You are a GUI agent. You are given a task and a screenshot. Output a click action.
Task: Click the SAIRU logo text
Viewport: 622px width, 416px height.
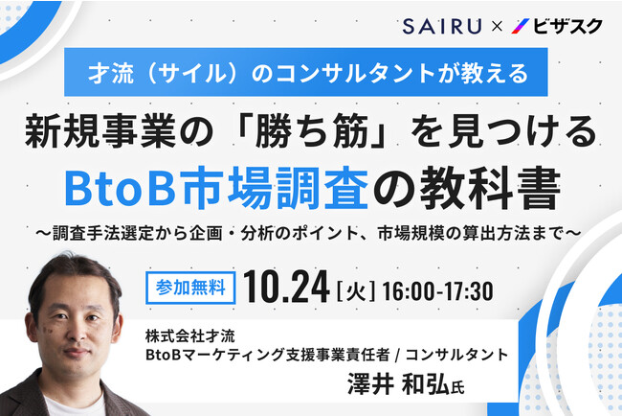(x=442, y=26)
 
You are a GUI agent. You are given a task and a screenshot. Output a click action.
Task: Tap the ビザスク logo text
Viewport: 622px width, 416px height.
(x=567, y=26)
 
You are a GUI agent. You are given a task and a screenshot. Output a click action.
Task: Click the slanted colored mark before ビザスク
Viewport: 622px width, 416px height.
(x=521, y=26)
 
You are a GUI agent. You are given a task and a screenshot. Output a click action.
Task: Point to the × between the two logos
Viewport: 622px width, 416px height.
(x=497, y=27)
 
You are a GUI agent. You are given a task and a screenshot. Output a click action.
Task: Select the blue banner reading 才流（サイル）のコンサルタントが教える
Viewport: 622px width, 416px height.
(x=306, y=72)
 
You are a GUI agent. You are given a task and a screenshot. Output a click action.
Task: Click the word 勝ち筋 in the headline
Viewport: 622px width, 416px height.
(x=312, y=132)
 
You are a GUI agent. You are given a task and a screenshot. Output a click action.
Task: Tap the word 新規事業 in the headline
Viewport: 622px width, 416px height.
(x=100, y=132)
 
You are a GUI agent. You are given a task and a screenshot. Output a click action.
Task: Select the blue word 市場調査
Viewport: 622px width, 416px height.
(x=273, y=187)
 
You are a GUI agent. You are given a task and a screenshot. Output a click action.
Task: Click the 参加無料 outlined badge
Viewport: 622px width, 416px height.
(x=190, y=288)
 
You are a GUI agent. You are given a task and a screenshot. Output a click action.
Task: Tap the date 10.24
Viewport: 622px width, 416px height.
(x=286, y=288)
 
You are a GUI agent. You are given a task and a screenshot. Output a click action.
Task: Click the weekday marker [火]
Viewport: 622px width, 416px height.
(x=356, y=291)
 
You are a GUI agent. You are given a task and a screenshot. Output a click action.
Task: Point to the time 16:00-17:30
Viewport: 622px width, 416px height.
(x=438, y=291)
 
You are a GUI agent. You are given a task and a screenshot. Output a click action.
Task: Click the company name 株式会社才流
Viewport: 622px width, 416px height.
(x=190, y=336)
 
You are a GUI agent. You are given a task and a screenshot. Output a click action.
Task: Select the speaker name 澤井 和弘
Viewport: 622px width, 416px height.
(x=399, y=383)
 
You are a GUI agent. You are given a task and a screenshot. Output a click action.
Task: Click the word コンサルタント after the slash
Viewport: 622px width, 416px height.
(x=456, y=355)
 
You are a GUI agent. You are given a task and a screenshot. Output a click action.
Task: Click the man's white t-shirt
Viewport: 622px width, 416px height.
(x=76, y=404)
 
